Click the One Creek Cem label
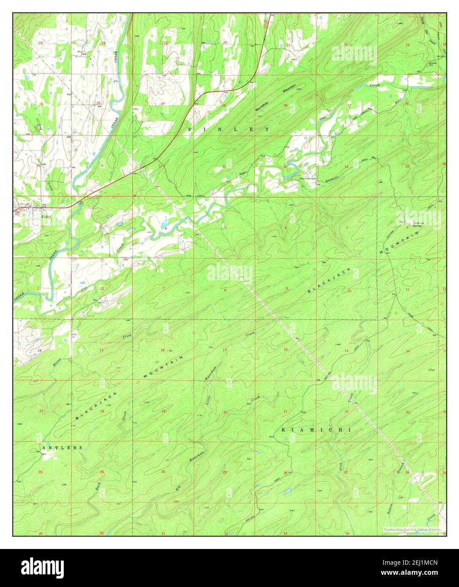308,179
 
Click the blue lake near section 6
165,220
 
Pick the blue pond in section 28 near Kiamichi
287,492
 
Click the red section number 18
163,350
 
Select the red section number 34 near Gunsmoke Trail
346,167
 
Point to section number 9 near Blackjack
287,288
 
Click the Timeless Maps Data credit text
412,529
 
